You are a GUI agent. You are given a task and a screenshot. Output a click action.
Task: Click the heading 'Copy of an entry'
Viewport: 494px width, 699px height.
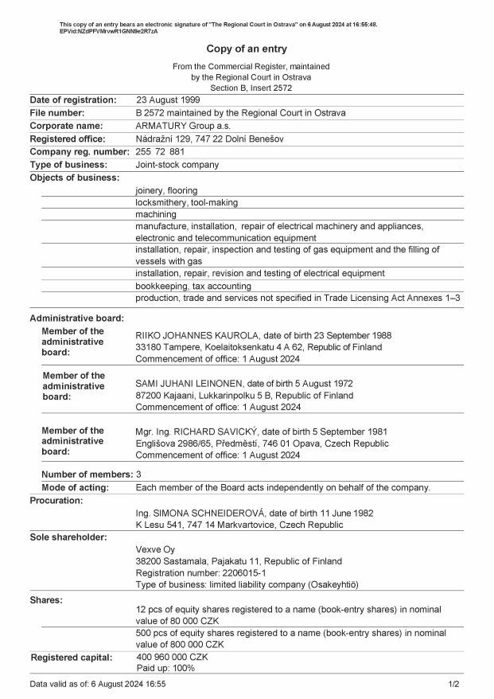(x=247, y=49)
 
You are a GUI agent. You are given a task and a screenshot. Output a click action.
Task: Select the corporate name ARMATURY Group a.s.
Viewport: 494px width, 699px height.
(x=183, y=126)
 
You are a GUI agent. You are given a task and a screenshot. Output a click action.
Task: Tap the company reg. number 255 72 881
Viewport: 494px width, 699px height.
(x=160, y=151)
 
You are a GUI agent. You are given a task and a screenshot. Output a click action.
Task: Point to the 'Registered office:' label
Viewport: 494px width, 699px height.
(x=68, y=139)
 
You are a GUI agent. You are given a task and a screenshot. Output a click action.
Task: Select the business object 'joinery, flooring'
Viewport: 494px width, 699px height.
(x=166, y=191)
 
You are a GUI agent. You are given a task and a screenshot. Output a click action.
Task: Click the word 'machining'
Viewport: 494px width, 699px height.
(x=156, y=215)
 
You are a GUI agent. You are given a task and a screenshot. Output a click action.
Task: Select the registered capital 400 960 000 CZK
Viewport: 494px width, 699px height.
(x=172, y=657)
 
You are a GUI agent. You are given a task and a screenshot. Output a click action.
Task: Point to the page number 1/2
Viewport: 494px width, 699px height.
(x=453, y=684)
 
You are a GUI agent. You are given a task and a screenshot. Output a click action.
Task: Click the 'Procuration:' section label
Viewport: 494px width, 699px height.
(x=56, y=501)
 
